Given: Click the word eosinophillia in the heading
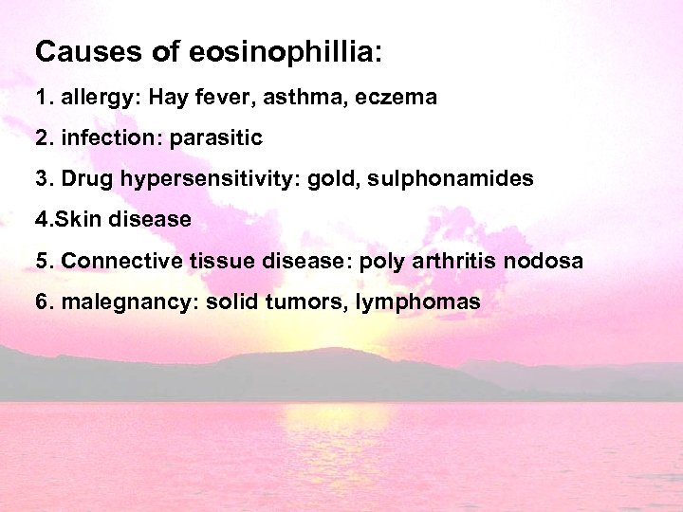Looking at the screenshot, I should click(283, 53).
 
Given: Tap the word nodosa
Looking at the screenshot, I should click(551, 261).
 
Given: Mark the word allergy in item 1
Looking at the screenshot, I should click(95, 98).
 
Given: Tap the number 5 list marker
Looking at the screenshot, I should click(41, 261).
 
